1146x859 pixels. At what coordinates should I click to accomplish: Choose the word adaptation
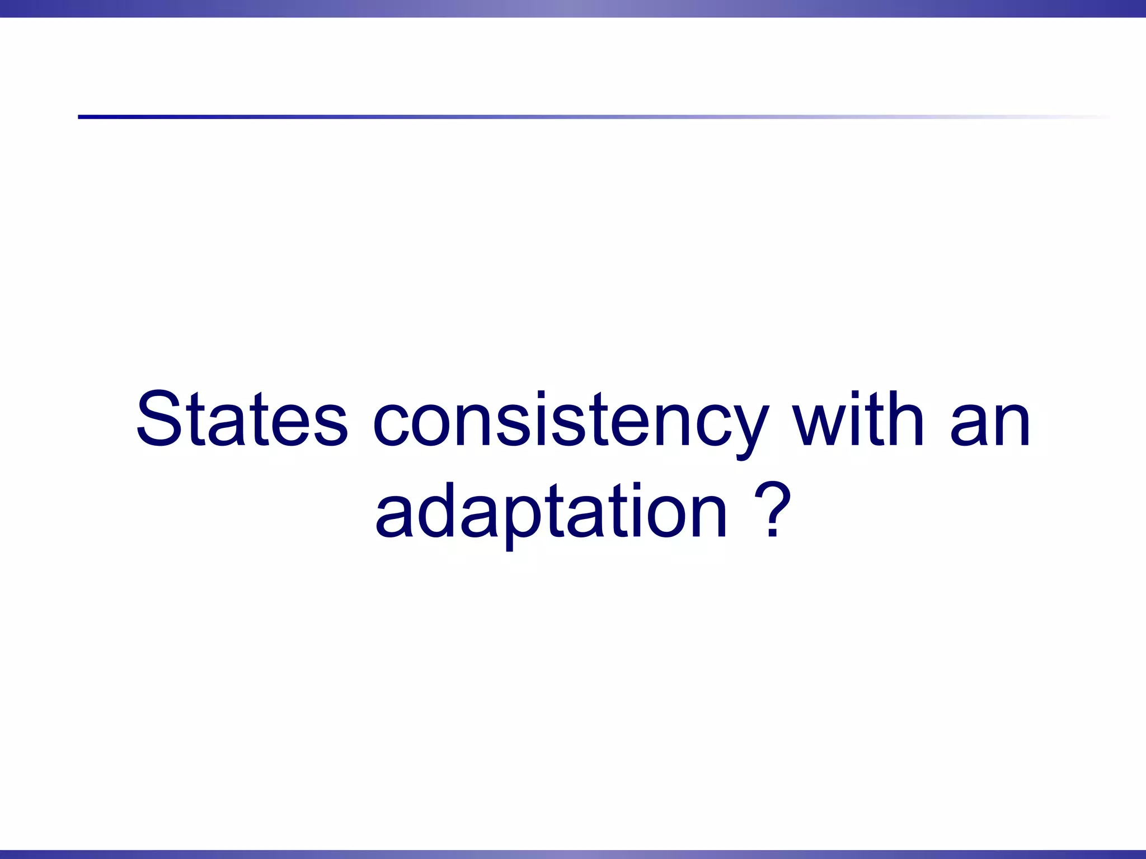551,512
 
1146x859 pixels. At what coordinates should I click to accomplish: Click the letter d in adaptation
434,509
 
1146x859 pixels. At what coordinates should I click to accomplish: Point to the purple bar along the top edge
573,8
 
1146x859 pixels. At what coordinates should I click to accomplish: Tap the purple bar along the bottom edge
573,854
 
